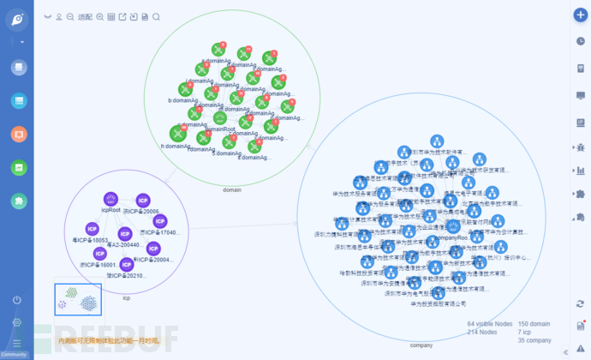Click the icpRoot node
(x=110, y=199)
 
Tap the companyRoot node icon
(x=452, y=226)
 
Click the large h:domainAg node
(x=178, y=133)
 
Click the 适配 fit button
(x=85, y=17)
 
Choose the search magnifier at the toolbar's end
(x=156, y=17)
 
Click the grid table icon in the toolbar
(x=111, y=17)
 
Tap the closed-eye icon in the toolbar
(x=47, y=17)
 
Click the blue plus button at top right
(x=579, y=15)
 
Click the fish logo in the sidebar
(x=17, y=20)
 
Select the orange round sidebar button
(x=18, y=134)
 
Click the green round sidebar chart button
(x=18, y=167)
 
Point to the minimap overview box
(x=78, y=299)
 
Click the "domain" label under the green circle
(x=231, y=189)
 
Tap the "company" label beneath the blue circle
(x=421, y=345)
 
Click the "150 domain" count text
(x=534, y=324)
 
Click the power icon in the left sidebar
(x=17, y=300)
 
